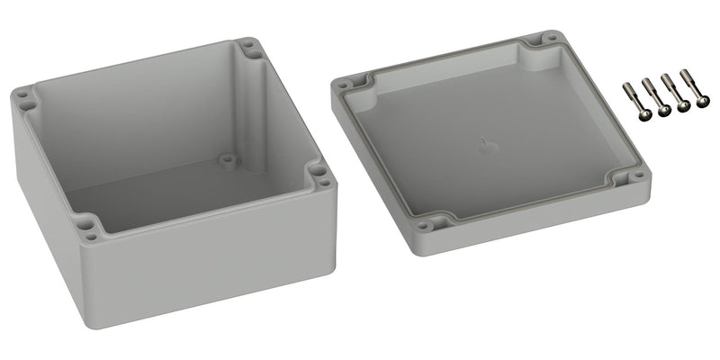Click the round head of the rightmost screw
tap(702, 103)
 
